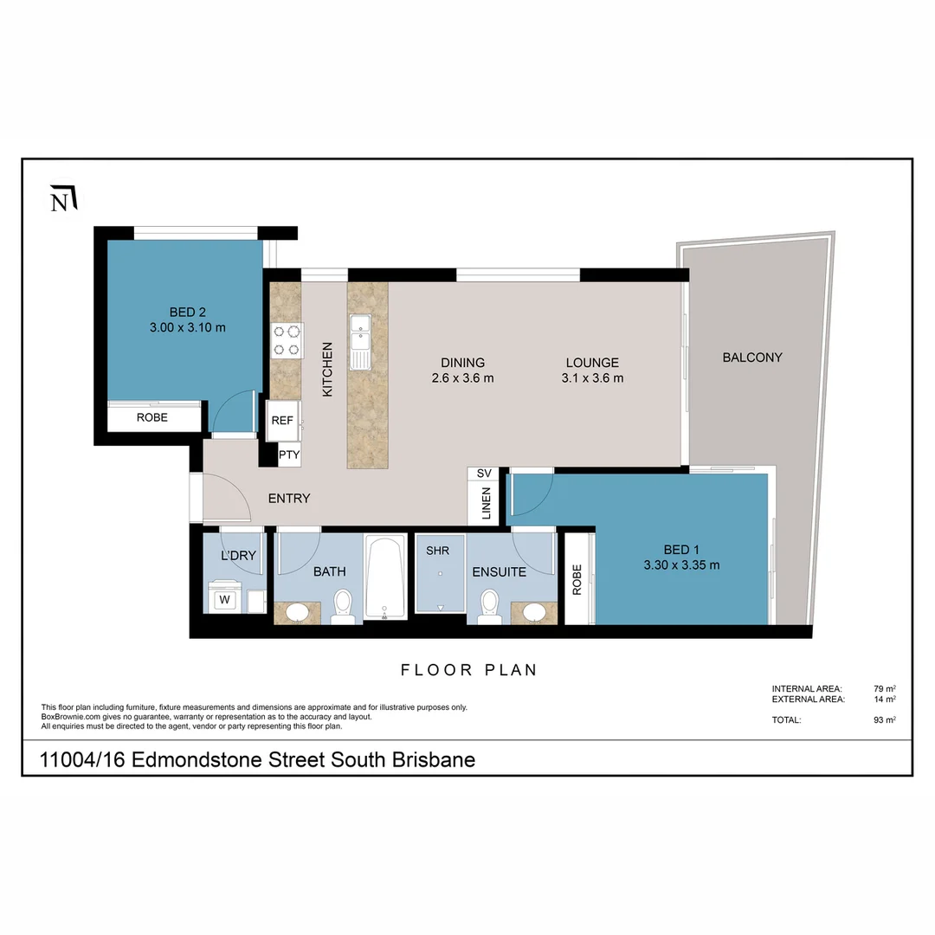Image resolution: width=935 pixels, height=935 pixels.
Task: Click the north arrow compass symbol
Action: click(64, 198)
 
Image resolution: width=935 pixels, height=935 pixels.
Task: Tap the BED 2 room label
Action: click(188, 313)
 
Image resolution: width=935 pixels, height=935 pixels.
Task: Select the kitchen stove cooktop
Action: click(287, 339)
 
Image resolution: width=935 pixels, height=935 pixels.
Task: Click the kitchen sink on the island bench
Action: click(359, 332)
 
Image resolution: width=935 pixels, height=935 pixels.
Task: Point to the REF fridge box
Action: click(282, 420)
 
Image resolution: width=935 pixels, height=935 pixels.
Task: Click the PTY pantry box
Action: click(288, 455)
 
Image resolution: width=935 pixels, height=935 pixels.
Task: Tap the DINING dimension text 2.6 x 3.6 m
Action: click(462, 378)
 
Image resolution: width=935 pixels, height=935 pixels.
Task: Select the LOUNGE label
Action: click(592, 363)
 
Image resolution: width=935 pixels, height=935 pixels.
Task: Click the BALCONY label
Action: click(751, 357)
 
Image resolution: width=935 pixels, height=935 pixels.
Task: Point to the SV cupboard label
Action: click(484, 474)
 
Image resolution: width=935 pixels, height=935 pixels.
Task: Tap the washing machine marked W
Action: click(224, 598)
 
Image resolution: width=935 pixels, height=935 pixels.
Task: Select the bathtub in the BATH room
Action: click(384, 578)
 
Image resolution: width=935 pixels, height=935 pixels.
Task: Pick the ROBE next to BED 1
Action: click(577, 579)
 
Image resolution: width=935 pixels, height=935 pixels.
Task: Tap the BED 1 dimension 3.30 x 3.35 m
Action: click(681, 565)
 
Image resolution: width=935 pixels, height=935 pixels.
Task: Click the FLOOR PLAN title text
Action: click(468, 669)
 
